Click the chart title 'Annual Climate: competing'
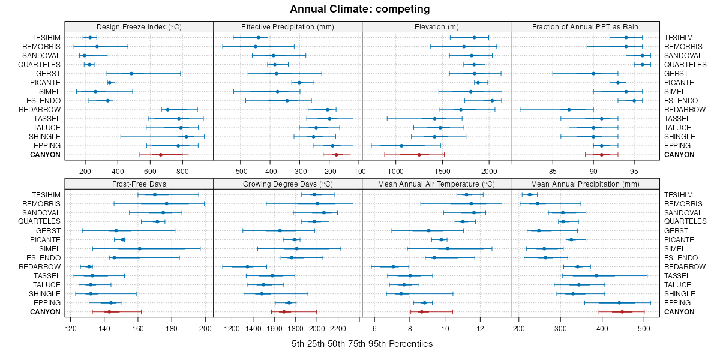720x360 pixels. click(x=360, y=9)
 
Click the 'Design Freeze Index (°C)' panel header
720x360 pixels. click(x=139, y=27)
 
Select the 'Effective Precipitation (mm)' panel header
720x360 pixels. click(x=287, y=27)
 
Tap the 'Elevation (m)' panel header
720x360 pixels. click(x=436, y=27)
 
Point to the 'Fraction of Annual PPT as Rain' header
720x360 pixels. click(x=585, y=27)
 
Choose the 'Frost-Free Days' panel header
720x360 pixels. click(x=139, y=184)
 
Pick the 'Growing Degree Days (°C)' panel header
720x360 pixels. click(x=287, y=184)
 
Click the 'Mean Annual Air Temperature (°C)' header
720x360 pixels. click(x=436, y=184)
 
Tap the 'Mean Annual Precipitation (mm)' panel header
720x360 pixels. click(x=585, y=184)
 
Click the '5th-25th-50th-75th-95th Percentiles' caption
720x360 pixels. click(x=362, y=344)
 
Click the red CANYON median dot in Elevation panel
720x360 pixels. click(x=419, y=155)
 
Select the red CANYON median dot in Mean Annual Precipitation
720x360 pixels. click(x=622, y=312)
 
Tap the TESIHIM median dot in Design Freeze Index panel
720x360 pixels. click(x=90, y=38)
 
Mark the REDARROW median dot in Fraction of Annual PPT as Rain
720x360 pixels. click(x=569, y=110)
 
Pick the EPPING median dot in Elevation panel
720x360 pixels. click(x=401, y=146)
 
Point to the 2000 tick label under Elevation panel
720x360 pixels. click(x=488, y=171)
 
